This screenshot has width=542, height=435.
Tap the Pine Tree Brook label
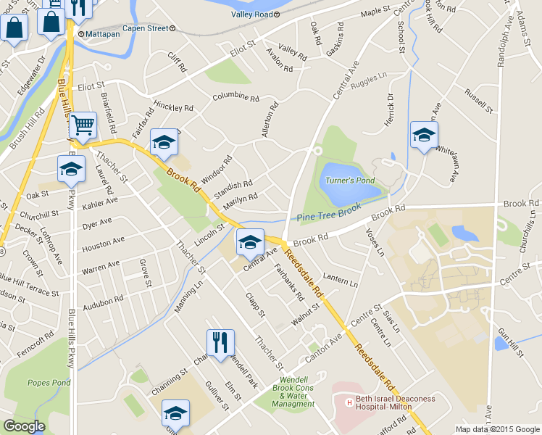tap(329, 211)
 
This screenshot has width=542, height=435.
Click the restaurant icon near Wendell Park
tap(220, 342)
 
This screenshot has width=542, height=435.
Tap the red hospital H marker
tap(349, 402)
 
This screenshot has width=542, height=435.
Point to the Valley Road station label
tap(251, 14)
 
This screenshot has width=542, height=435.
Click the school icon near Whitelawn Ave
tap(424, 135)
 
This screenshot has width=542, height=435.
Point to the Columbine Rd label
tap(235, 97)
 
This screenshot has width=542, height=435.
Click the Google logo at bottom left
tap(24, 426)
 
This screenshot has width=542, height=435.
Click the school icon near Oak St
tap(70, 170)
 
